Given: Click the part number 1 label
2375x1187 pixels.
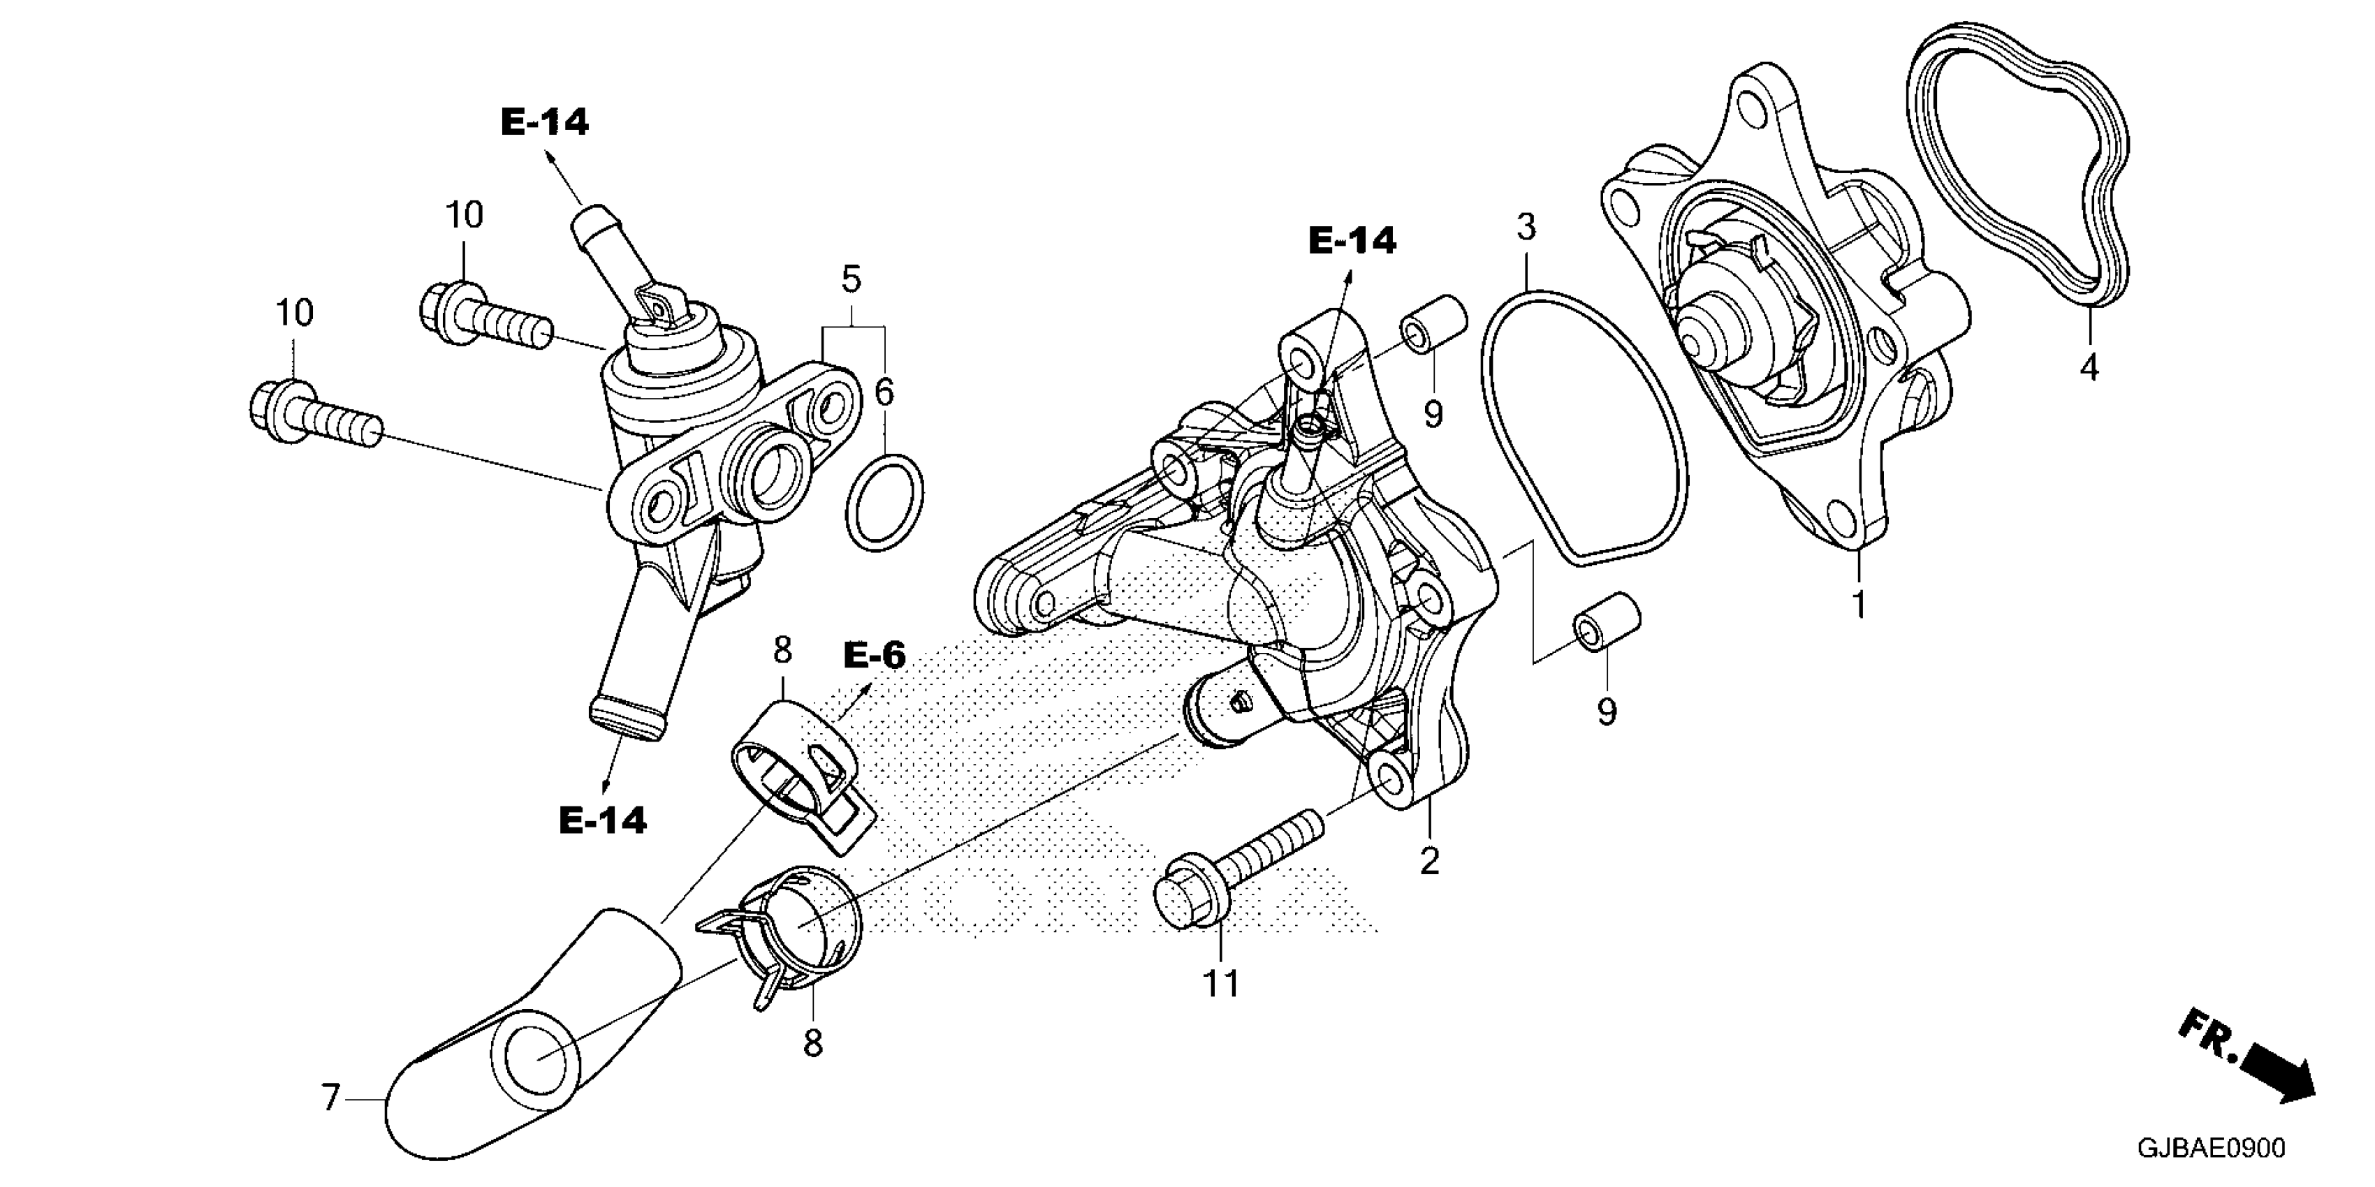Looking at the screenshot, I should coord(1859,605).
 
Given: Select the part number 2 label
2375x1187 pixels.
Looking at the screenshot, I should coord(1429,862).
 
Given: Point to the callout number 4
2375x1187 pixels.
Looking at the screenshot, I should coord(2089,368).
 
